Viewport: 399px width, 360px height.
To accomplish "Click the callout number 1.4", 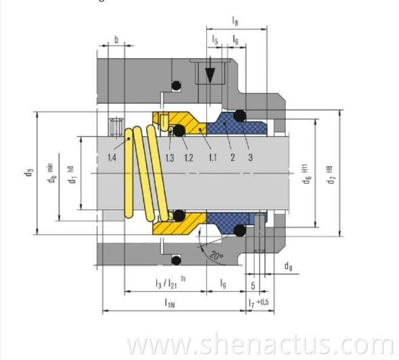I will (x=113, y=159).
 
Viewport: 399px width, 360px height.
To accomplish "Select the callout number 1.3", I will (x=171, y=159).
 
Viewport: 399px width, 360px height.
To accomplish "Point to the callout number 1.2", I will (x=189, y=159).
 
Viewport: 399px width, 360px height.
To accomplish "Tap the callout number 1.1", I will (x=212, y=159).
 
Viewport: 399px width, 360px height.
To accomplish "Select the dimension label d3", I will (x=28, y=176).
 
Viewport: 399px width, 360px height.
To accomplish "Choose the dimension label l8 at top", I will (x=235, y=22).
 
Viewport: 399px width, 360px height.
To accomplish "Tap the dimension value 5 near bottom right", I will (x=252, y=283).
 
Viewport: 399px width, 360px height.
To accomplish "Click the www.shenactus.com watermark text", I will (x=261, y=345).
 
